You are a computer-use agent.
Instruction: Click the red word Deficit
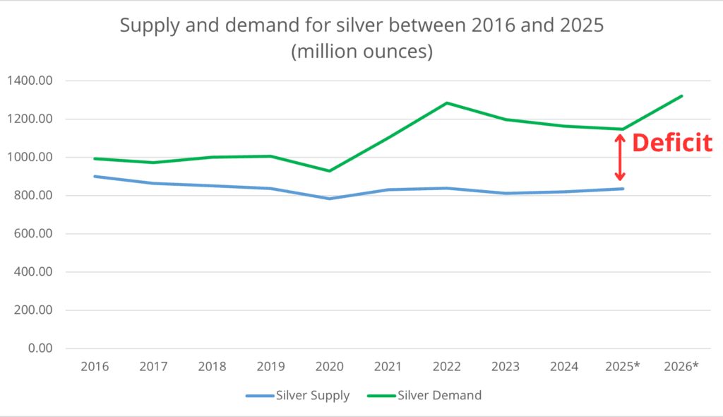click(x=671, y=143)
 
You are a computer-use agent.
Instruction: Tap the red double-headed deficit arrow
click(x=620, y=158)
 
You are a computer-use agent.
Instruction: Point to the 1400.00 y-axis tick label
click(x=30, y=81)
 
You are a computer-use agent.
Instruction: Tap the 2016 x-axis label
click(x=94, y=366)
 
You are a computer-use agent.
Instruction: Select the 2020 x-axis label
click(x=329, y=366)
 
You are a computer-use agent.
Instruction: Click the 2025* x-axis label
click(x=623, y=366)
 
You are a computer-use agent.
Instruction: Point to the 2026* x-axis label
click(x=681, y=366)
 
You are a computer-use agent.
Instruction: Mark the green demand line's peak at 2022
click(x=447, y=103)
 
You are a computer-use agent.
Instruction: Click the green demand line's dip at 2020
click(x=329, y=171)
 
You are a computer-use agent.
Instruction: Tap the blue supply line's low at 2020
click(x=329, y=199)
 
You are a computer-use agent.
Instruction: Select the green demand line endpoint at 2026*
click(x=681, y=96)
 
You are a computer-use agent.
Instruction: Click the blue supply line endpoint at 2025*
click(x=623, y=189)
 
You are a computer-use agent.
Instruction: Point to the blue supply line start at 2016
click(x=95, y=177)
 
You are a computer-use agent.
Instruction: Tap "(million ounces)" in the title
click(x=361, y=52)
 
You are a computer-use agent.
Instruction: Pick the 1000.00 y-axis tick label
click(x=30, y=158)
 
